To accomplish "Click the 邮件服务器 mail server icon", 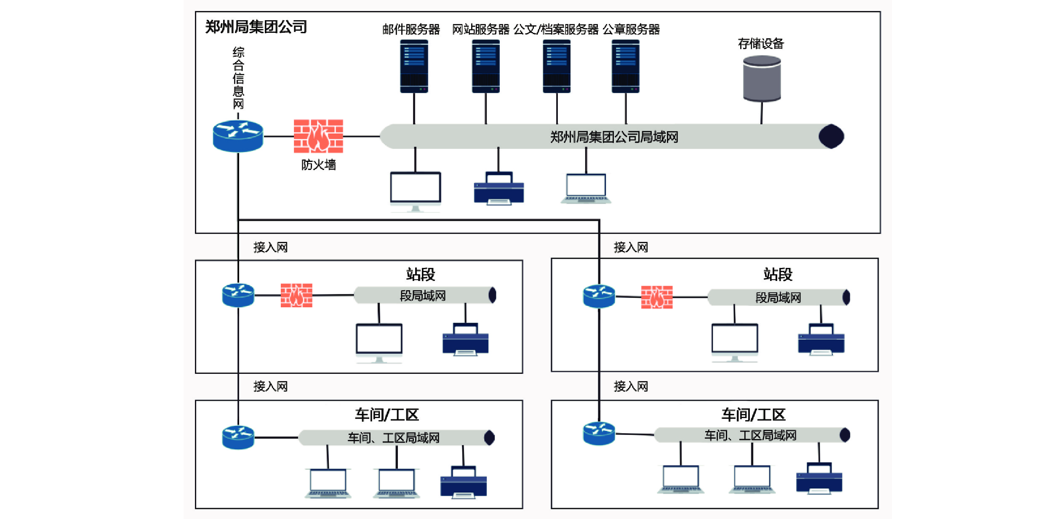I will [x=414, y=66].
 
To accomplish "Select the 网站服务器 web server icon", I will [x=485, y=66].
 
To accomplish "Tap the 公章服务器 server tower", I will [x=625, y=66].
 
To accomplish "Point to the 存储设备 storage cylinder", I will [x=762, y=79].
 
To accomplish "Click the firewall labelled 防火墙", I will [x=318, y=136].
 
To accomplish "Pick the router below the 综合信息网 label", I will [x=238, y=136].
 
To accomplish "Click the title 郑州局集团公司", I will [x=256, y=27].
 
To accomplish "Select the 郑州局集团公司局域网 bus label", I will [x=614, y=137].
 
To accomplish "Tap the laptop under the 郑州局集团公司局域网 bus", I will [x=586, y=188].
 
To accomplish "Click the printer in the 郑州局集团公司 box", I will [x=499, y=188].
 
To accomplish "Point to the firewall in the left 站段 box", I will [x=296, y=295].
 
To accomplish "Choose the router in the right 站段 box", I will [x=599, y=296].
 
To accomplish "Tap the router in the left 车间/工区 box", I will [x=238, y=437].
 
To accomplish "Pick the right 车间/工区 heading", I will [x=753, y=415].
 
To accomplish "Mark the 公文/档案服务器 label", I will [x=556, y=29].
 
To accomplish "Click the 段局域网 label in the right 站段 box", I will [x=778, y=297].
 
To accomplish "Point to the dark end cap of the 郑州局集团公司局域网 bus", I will [x=831, y=136].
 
